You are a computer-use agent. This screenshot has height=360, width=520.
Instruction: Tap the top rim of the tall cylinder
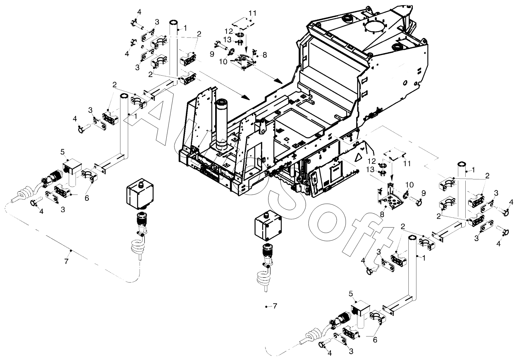pyautogui.click(x=222, y=102)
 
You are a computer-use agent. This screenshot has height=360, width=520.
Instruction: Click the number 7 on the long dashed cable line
pyautogui.click(x=66, y=261)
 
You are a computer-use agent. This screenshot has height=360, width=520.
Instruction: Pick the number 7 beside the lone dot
pyautogui.click(x=275, y=306)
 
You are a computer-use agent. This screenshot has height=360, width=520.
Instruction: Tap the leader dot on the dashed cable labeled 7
pyautogui.click(x=71, y=250)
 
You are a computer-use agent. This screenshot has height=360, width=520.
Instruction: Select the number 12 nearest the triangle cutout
pyautogui.click(x=372, y=161)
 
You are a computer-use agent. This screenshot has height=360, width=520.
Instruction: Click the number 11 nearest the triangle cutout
pyautogui.click(x=407, y=164)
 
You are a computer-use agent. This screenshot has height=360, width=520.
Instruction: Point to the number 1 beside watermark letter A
pyautogui.click(x=136, y=115)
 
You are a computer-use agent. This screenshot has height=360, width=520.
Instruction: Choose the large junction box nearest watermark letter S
pyautogui.click(x=268, y=225)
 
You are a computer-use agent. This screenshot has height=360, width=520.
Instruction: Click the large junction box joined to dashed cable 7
pyautogui.click(x=140, y=193)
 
